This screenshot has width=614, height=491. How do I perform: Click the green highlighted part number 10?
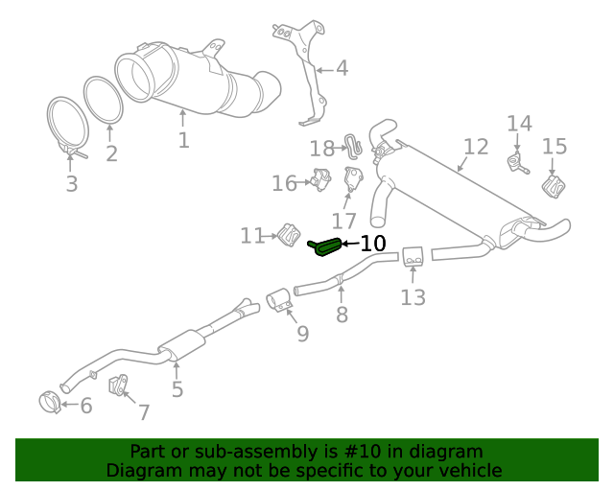[324, 247]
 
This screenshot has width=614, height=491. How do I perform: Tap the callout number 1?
[183, 140]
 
